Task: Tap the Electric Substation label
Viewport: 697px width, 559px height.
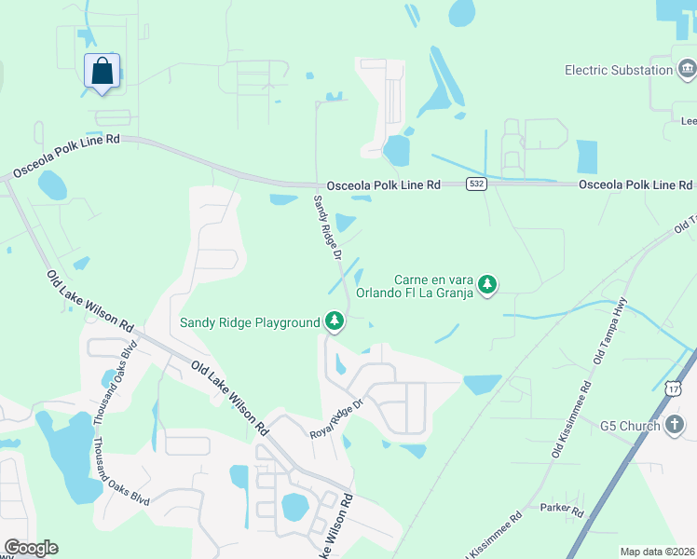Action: (619, 70)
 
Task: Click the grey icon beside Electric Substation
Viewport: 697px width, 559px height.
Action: (687, 69)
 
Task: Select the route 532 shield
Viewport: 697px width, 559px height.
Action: (476, 184)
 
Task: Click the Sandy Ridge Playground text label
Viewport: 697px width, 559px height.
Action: (250, 323)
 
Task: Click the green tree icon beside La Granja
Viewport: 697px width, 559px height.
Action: (486, 285)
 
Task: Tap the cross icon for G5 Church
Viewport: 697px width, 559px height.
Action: (676, 426)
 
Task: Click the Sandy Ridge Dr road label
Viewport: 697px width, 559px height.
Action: (329, 226)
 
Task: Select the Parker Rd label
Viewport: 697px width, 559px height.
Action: (561, 510)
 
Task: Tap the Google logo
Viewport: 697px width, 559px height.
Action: (31, 547)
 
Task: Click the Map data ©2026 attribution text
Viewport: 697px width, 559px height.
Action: (657, 552)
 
